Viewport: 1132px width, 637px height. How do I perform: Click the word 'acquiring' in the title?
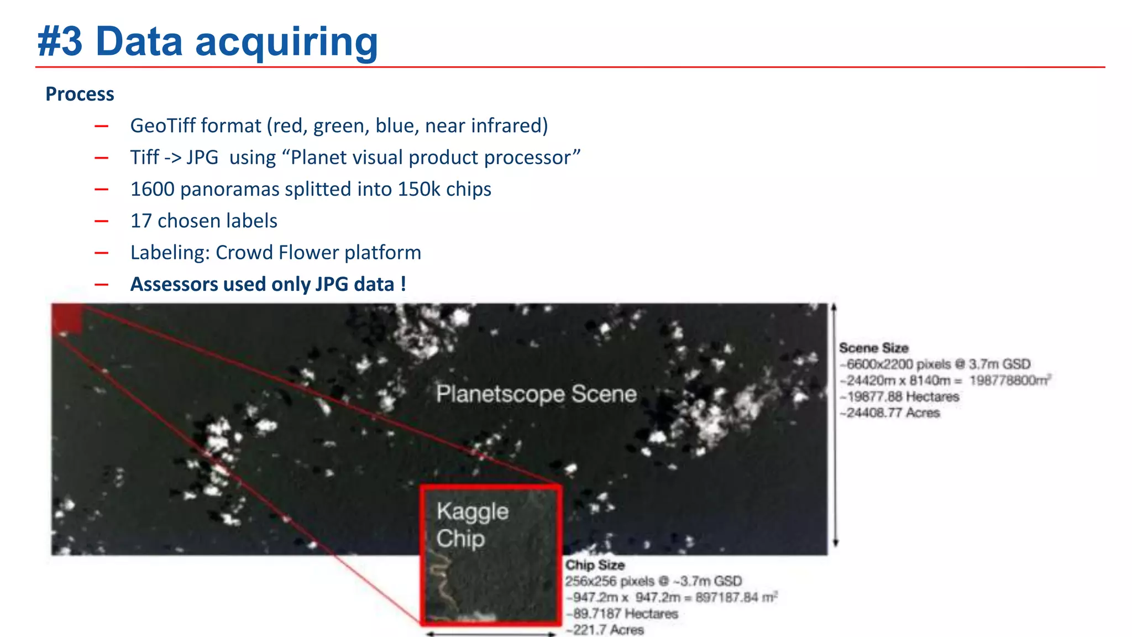pyautogui.click(x=286, y=43)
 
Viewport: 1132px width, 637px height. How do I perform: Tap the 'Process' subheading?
pyautogui.click(x=80, y=94)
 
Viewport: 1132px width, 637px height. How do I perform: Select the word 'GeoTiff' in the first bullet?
pyautogui.click(x=163, y=126)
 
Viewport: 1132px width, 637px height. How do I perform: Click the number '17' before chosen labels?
pyautogui.click(x=140, y=221)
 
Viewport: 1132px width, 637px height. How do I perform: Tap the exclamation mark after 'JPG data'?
pyautogui.click(x=403, y=284)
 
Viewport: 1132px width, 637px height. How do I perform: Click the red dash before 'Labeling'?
pyautogui.click(x=101, y=253)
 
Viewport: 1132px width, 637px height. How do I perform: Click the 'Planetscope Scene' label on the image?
pyautogui.click(x=536, y=394)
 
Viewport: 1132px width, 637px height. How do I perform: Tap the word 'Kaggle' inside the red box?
pyautogui.click(x=472, y=512)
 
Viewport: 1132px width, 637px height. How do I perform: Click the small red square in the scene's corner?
pyautogui.click(x=67, y=320)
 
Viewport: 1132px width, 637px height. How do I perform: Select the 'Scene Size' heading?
pyautogui.click(x=873, y=348)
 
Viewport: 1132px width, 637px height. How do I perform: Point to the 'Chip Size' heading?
pyautogui.click(x=595, y=565)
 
